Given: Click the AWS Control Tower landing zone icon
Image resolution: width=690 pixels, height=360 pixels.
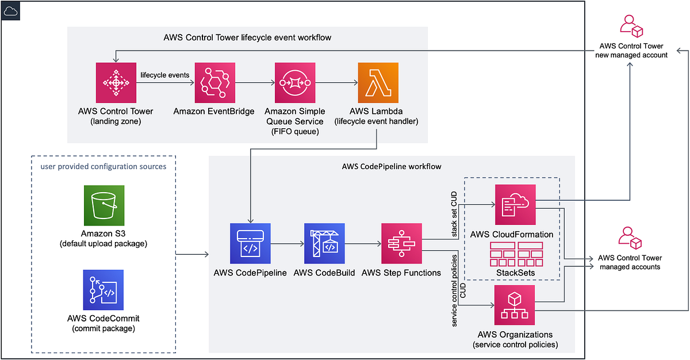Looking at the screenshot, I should pos(116,83).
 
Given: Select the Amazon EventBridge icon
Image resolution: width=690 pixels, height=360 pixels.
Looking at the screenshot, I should pos(215,83).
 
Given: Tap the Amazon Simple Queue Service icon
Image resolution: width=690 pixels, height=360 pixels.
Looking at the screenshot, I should pos(295,83).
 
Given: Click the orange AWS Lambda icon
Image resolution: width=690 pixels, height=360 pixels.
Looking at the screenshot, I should pos(377,83).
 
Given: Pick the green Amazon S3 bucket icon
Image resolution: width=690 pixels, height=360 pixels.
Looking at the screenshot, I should pos(103,205).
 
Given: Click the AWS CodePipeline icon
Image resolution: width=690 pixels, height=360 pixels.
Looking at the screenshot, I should pos(250,244).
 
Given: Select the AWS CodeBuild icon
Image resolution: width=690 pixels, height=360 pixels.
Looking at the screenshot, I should pos(324,244).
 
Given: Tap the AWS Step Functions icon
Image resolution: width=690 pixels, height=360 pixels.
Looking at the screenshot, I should pos(401,244).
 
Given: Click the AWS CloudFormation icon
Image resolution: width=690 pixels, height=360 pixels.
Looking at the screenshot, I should pos(515,204).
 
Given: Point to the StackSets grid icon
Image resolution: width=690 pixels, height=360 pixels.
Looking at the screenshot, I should pos(516,253).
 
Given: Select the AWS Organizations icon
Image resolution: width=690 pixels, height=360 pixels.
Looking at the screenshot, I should pos(515,305).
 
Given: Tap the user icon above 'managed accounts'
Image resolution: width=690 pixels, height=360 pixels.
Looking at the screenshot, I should pos(630,238).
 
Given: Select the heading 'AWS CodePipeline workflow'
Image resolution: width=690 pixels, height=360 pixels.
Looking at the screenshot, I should pos(391,166).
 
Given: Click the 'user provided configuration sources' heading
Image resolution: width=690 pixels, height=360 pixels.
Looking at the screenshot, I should pos(103,167).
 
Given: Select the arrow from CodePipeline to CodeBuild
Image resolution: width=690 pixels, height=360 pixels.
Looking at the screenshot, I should pos(286,244).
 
